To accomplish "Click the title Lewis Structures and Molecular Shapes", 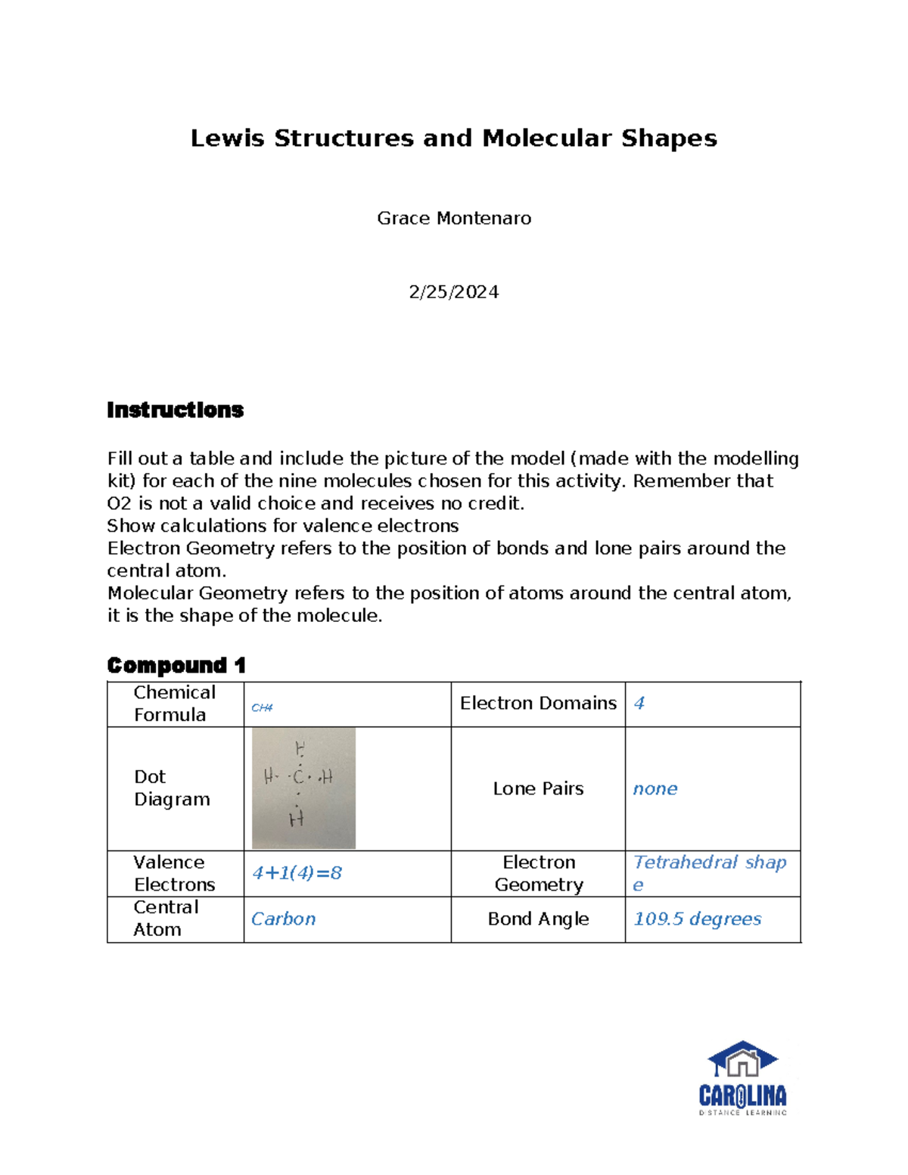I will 453,138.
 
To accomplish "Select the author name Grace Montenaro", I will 454,219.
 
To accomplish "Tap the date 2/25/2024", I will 453,292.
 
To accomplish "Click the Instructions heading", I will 175,410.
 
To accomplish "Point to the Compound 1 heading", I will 176,666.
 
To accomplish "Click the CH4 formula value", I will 262,707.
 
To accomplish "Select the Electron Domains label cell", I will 538,704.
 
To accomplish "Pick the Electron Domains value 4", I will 639,704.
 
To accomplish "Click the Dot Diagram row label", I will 172,788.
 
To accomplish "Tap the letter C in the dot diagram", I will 299,776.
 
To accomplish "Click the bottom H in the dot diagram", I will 296,819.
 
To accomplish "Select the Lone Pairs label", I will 538,788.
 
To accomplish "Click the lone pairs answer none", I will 655,788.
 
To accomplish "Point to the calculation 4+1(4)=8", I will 297,873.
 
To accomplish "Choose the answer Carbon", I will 283,919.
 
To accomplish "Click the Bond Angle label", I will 538,919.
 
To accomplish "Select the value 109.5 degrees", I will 697,919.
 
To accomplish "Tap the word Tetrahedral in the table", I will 686,862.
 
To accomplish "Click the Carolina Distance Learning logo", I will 742,1078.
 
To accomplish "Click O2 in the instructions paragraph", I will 119,504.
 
